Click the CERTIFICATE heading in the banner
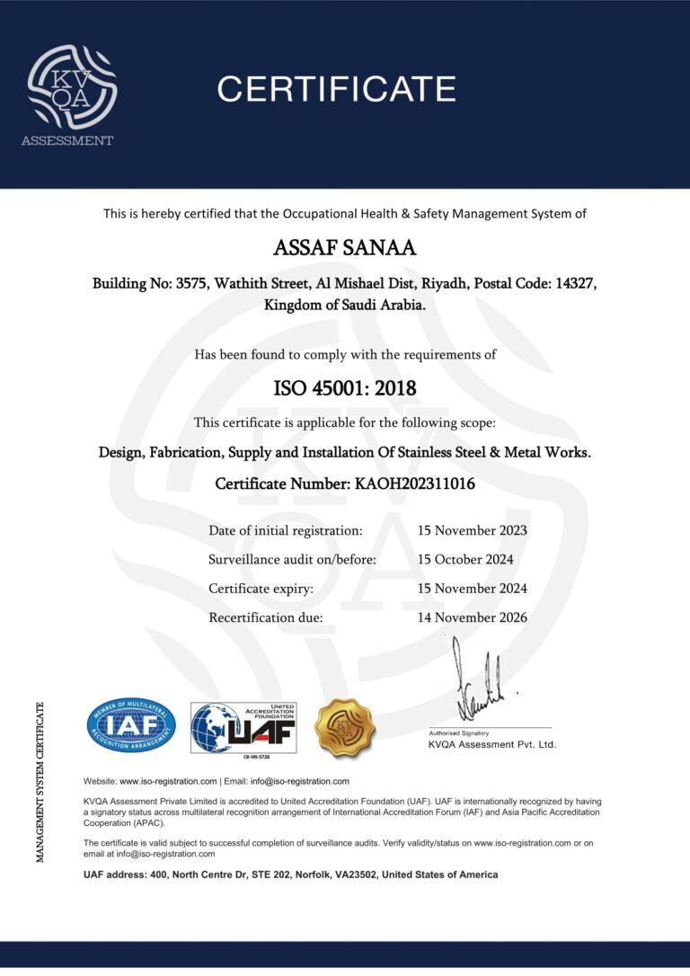[336, 89]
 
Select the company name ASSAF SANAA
[345, 247]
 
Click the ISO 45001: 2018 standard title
[345, 389]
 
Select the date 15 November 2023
[473, 530]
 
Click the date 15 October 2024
[465, 559]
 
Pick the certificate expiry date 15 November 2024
[473, 589]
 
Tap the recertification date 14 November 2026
[473, 617]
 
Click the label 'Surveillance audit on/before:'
[292, 559]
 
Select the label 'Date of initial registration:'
[286, 530]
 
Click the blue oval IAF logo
[131, 725]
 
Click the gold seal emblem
[344, 727]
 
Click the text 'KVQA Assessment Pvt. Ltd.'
[492, 744]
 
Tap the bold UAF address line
[290, 874]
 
